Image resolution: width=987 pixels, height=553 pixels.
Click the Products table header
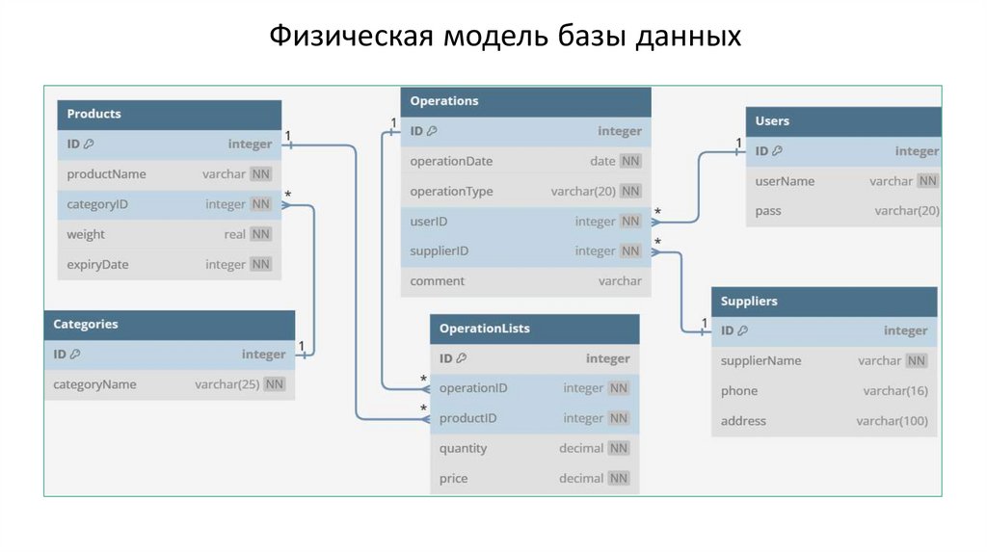94,114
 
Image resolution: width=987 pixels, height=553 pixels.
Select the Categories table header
86,325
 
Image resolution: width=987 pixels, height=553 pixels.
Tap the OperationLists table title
484,329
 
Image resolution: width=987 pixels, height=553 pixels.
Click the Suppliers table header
749,302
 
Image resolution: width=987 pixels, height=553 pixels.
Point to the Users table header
772,121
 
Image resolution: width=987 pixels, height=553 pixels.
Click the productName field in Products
106,174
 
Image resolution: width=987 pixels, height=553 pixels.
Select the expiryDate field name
97,265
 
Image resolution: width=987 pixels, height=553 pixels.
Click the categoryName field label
94,384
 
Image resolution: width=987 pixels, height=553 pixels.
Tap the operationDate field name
451,161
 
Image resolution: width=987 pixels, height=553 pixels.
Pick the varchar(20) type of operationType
583,192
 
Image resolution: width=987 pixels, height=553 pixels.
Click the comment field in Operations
437,281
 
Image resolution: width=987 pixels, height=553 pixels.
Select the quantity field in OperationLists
463,448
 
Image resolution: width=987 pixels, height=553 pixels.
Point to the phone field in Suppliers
739,391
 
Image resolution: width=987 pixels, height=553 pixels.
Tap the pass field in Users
768,211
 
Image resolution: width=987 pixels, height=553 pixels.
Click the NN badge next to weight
260,234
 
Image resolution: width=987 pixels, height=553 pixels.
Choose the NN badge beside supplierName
917,361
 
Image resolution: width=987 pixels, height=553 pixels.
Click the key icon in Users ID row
777,151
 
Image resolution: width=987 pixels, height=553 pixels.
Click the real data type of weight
234,234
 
